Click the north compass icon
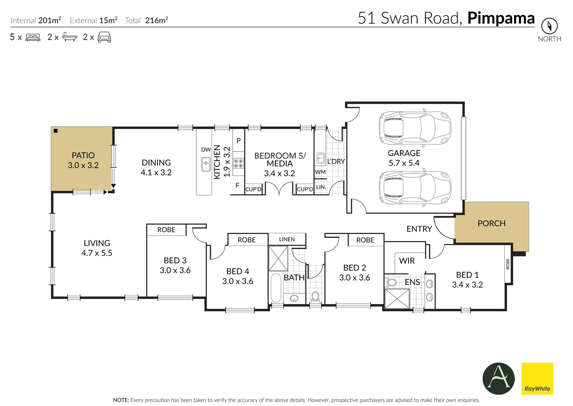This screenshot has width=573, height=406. click(x=549, y=26)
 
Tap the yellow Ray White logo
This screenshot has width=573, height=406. click(x=537, y=379)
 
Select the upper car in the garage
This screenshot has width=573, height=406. click(x=415, y=128)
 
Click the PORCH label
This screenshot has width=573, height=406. click(x=491, y=223)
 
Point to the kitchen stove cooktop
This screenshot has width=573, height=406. click(x=238, y=163)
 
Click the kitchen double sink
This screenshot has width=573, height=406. click(x=206, y=164)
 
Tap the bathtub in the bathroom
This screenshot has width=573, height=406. click(x=276, y=288)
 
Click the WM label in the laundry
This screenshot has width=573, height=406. click(x=320, y=172)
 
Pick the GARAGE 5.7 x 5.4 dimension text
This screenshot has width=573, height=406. click(x=404, y=163)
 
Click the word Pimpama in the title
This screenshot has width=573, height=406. click(x=501, y=18)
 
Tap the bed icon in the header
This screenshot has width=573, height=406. click(x=33, y=37)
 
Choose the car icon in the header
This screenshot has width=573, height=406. click(x=104, y=37)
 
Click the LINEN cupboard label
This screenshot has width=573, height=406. click(x=287, y=239)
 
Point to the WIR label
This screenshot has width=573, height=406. click(x=407, y=261)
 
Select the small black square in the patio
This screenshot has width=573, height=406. click(x=56, y=131)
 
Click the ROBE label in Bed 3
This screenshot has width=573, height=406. click(x=166, y=230)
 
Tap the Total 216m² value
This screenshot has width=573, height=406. click(x=156, y=20)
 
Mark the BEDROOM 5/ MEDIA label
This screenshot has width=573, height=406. click(x=280, y=159)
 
